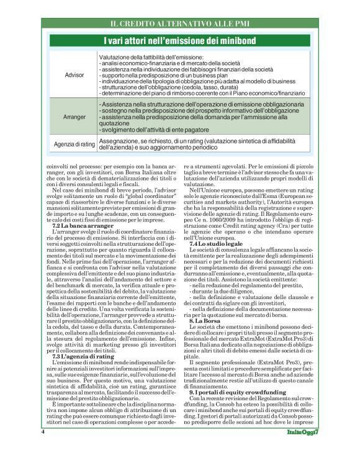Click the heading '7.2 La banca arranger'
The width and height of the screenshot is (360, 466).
[78, 226]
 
